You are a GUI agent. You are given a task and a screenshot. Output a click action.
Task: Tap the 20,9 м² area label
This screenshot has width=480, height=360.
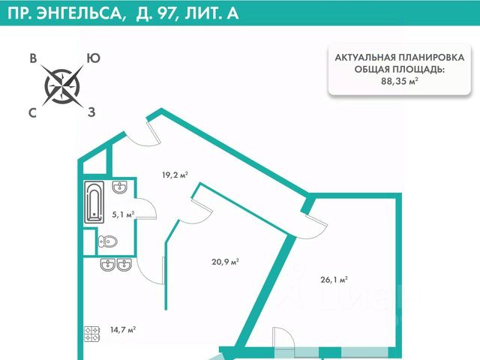tap(225, 262)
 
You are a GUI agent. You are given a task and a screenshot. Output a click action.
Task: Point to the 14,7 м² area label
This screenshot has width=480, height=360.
tap(121, 329)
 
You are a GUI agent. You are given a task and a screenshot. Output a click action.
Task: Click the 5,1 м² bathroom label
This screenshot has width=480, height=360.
tap(123, 214)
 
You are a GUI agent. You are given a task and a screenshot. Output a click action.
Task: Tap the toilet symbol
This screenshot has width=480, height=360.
tap(108, 241)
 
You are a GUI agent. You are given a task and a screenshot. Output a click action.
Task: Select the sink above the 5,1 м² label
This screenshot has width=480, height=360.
tap(120, 187)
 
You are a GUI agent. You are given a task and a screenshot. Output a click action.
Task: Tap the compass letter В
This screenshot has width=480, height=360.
tap(33, 58)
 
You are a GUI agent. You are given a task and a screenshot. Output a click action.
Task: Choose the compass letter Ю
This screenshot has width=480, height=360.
tap(94, 58)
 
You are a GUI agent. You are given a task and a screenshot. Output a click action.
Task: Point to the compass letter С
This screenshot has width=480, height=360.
tap(33, 113)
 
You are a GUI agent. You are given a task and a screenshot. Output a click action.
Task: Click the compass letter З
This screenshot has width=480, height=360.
tap(91, 113)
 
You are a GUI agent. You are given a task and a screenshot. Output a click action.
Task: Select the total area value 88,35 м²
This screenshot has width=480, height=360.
tap(398, 82)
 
